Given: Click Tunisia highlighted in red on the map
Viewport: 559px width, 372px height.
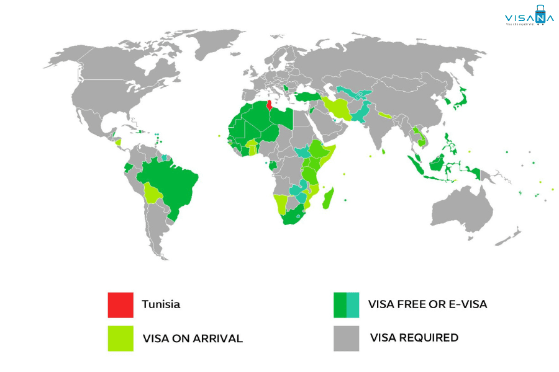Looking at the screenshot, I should [x=269, y=107].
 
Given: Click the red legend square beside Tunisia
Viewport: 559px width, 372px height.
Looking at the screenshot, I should [x=120, y=304].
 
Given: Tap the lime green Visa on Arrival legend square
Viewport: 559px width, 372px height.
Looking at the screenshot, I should [x=120, y=339].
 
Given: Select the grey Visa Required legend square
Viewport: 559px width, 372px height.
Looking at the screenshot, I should [x=346, y=339].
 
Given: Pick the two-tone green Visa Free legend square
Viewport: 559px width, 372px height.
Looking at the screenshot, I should [x=346, y=304].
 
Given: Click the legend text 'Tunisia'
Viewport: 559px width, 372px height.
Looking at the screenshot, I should [x=161, y=304].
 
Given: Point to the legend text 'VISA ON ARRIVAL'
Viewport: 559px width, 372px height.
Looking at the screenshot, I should [x=193, y=339].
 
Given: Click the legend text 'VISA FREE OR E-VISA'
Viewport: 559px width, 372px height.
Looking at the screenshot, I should [x=427, y=304].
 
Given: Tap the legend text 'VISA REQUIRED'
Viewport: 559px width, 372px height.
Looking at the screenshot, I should [x=414, y=338].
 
